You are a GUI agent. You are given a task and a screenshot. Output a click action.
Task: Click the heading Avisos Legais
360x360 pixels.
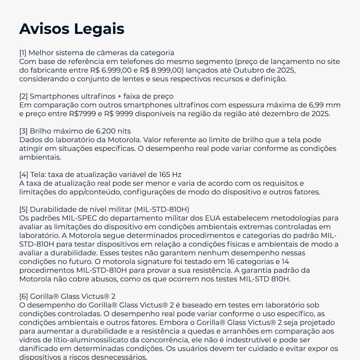coord(72,28)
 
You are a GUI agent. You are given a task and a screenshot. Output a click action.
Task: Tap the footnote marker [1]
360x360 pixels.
coord(23,53)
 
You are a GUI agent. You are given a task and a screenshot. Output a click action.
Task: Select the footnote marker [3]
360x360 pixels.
coord(23,131)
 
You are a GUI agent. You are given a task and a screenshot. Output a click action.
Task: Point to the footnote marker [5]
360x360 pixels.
coord(23,209)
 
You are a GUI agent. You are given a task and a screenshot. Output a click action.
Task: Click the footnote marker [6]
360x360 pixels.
coord(23,296)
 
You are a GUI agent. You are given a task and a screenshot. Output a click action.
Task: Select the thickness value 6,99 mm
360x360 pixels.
coord(324,105)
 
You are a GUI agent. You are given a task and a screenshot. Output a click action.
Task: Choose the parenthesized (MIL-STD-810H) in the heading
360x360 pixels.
coord(161,209)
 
